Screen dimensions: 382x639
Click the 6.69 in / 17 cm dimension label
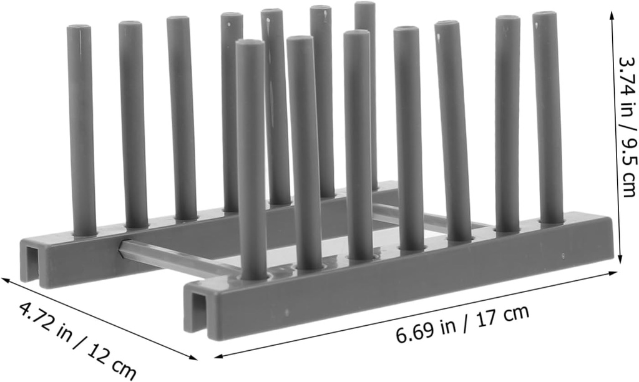tap(462, 323)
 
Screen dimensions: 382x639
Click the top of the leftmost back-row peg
tap(79, 29)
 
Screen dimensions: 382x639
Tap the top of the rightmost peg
tap(545, 15)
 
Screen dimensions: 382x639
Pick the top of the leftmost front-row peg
tap(250, 44)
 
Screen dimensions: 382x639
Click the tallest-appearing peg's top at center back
tap(365, 5)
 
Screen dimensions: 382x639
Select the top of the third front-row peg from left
tap(357, 34)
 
